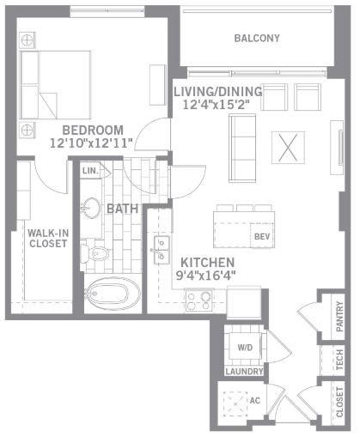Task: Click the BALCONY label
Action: (x=257, y=39)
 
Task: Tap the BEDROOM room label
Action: (x=92, y=130)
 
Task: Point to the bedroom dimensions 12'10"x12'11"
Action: (x=91, y=144)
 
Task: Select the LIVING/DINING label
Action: (x=217, y=92)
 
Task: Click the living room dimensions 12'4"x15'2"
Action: (x=217, y=106)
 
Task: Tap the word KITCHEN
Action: (x=206, y=263)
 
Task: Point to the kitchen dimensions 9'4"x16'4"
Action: (x=205, y=276)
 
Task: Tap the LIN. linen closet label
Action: (x=90, y=171)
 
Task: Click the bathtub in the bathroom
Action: (x=113, y=295)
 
